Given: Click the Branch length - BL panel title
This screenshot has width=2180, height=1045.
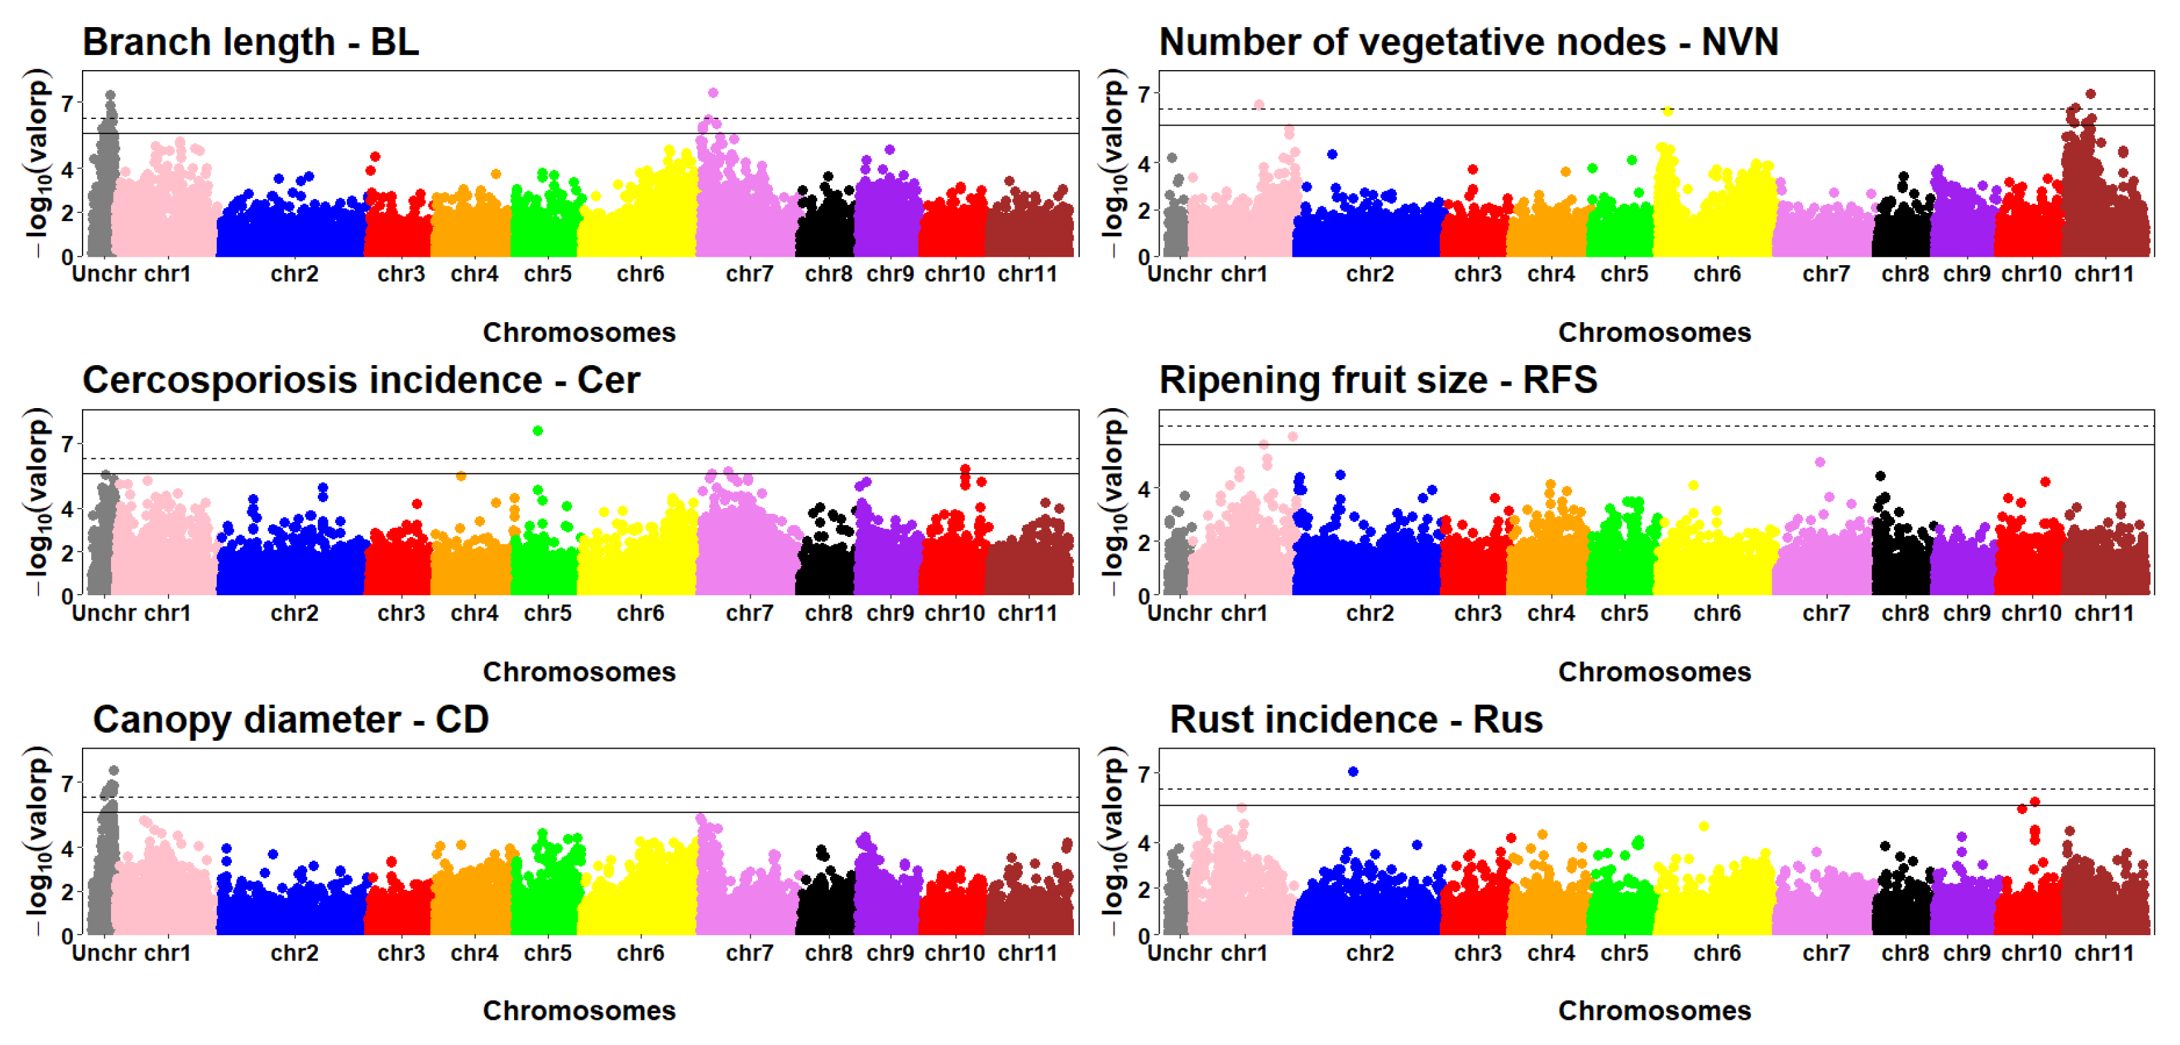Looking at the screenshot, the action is pos(250,42).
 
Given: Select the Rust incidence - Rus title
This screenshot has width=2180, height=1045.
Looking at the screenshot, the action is pos(1356,719).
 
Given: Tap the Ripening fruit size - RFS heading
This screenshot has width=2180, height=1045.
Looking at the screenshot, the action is pos(1378,380).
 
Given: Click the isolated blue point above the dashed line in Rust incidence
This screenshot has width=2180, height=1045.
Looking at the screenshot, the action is pos(1353,771).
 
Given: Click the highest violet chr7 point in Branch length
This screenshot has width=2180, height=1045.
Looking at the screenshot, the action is pos(714,93).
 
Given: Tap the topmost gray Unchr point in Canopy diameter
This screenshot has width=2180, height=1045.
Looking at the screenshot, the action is pos(114,771).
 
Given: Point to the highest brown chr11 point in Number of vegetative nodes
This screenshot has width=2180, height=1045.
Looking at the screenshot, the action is pos(2090,94).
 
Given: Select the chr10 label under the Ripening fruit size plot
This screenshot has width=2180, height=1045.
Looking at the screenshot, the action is pos(2031,613).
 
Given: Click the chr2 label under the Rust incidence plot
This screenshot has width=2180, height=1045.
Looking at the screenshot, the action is pos(1370,952).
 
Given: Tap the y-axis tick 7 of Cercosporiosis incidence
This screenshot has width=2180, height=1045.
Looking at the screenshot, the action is pos(67,443).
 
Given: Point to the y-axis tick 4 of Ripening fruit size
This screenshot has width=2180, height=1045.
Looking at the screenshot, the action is pos(1143,489).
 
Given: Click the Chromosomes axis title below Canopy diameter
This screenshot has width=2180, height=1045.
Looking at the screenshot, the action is pos(579,1011).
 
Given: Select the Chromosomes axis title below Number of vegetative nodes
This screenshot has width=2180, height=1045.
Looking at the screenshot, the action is pos(1655,332).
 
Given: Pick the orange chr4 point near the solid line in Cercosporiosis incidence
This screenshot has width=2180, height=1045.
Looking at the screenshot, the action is pos(461,476).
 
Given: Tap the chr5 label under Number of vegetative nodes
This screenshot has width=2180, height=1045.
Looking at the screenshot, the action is pos(1624,274).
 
